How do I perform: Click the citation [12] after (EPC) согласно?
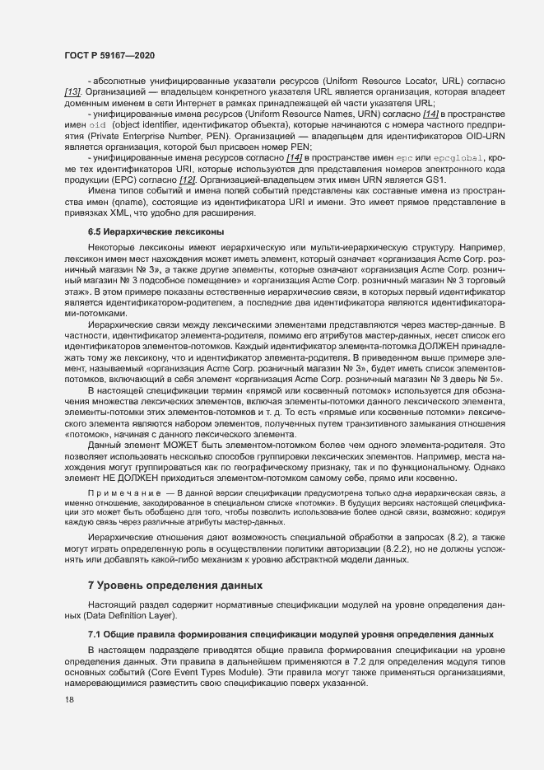click(185, 180)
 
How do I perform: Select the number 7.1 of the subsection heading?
click(95, 634)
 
